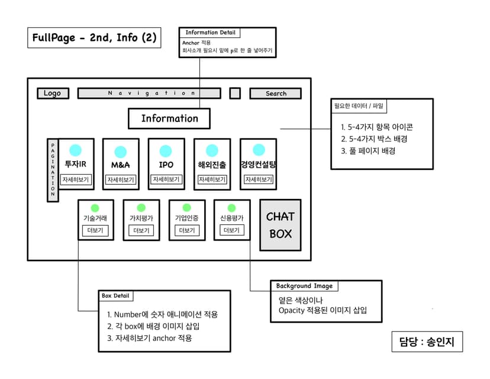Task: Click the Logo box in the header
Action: pos(52,93)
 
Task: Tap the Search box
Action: pos(275,94)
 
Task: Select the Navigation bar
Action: pos(149,93)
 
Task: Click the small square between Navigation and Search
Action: pos(235,93)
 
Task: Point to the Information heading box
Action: pos(169,118)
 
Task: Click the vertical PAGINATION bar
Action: pos(53,170)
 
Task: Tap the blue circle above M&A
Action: pos(120,151)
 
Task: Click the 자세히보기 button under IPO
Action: pos(166,179)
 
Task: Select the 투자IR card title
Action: pos(75,165)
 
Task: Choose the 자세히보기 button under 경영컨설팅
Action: pos(258,179)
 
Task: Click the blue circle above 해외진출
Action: pos(212,151)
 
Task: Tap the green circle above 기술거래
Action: pos(95,208)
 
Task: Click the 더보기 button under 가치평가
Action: pos(141,230)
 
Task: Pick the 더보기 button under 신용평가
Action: pos(231,230)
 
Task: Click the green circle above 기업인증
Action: pos(186,208)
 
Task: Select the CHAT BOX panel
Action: pos(281,225)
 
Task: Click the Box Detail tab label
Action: pos(116,296)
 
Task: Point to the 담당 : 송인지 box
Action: pos(427,342)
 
